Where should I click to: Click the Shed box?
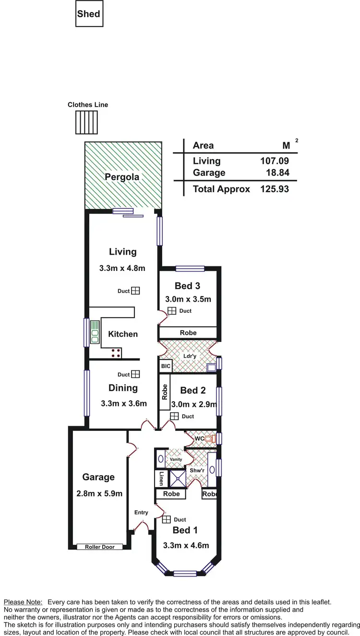(x=89, y=13)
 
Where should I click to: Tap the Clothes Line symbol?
(x=86, y=122)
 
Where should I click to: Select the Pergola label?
(x=122, y=177)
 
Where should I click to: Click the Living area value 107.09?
(x=275, y=161)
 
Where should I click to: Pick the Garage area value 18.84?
(x=278, y=173)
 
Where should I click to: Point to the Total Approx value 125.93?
(x=275, y=189)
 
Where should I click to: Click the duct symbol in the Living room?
(x=136, y=291)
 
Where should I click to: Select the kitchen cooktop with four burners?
(x=116, y=354)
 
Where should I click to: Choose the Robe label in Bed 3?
(x=188, y=332)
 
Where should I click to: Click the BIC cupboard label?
(x=166, y=366)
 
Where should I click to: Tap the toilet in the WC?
(x=208, y=439)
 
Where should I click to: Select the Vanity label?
(x=176, y=459)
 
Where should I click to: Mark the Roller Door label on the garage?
(x=100, y=547)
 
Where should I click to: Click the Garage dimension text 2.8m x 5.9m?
(x=99, y=493)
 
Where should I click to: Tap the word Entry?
(x=141, y=513)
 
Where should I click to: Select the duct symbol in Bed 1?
(x=166, y=519)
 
